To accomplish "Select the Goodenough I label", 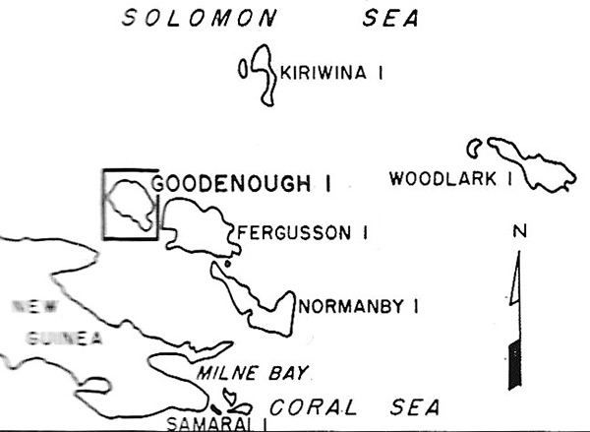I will (x=242, y=183).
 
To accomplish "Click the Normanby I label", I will (x=359, y=307).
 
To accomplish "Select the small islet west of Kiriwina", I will (x=243, y=70).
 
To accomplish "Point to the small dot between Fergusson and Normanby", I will (x=226, y=263).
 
